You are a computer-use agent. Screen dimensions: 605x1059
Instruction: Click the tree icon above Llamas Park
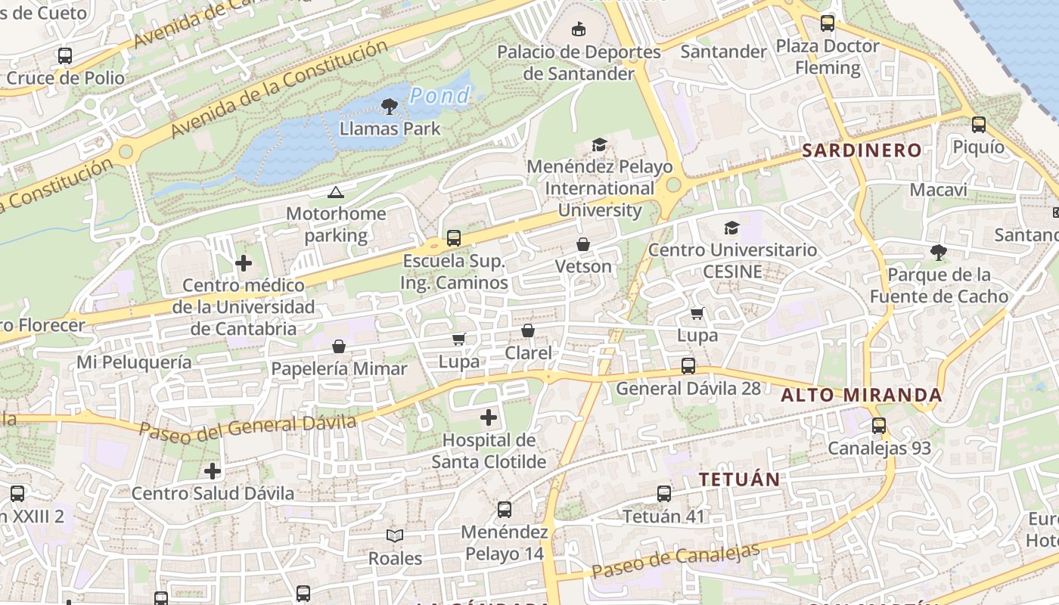point(390,107)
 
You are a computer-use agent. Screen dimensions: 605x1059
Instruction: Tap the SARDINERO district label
point(862,150)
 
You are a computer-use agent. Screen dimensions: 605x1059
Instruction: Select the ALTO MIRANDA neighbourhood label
point(862,395)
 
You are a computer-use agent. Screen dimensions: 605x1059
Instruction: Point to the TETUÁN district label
point(739,479)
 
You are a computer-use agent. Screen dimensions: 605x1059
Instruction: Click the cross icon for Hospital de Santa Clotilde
point(489,417)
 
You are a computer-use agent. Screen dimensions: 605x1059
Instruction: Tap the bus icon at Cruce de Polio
point(65,55)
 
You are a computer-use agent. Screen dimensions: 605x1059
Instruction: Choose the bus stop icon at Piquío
point(979,125)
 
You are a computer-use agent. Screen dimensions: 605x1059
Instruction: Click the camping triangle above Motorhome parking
point(336,192)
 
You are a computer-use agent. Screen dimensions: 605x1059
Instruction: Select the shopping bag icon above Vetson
point(583,244)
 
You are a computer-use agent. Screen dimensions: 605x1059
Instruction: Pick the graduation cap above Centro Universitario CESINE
point(731,228)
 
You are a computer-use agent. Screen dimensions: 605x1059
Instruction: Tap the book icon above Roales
point(395,536)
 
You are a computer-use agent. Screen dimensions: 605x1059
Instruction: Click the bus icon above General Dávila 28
point(688,366)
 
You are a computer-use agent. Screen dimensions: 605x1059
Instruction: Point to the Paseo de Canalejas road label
point(675,560)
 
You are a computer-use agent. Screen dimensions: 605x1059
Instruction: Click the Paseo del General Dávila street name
point(247,427)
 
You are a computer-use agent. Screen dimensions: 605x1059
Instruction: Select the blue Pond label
point(440,96)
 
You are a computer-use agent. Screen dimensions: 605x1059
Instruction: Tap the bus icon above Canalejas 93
point(878,426)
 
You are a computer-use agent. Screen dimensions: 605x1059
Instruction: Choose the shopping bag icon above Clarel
point(528,331)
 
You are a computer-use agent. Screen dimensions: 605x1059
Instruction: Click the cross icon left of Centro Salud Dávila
point(213,471)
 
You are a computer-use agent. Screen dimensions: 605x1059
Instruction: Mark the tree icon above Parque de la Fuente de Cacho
point(939,252)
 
